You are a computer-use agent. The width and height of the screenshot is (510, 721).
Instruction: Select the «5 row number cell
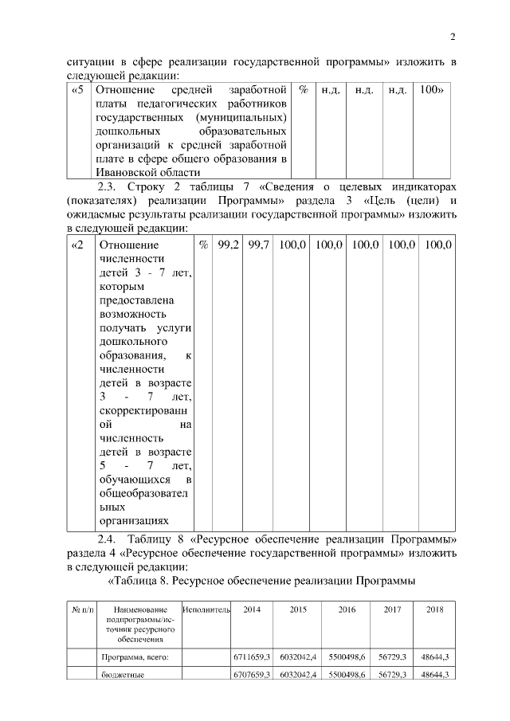point(78,90)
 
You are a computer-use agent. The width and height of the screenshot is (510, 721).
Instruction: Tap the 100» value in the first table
point(431,90)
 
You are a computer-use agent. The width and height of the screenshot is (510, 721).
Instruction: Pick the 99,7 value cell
point(258,245)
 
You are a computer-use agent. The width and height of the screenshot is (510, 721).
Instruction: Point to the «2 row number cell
point(78,245)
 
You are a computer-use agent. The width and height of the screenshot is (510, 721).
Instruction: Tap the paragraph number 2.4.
point(108,541)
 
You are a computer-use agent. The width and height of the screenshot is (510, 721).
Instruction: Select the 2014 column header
point(252,609)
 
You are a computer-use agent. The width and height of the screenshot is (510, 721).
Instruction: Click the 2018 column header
point(435,609)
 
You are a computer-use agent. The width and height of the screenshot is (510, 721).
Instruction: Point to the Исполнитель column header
point(206,609)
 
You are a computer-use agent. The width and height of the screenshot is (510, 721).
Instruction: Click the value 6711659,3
point(252,657)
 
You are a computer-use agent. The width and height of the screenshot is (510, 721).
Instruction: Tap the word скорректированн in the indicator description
point(143,410)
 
